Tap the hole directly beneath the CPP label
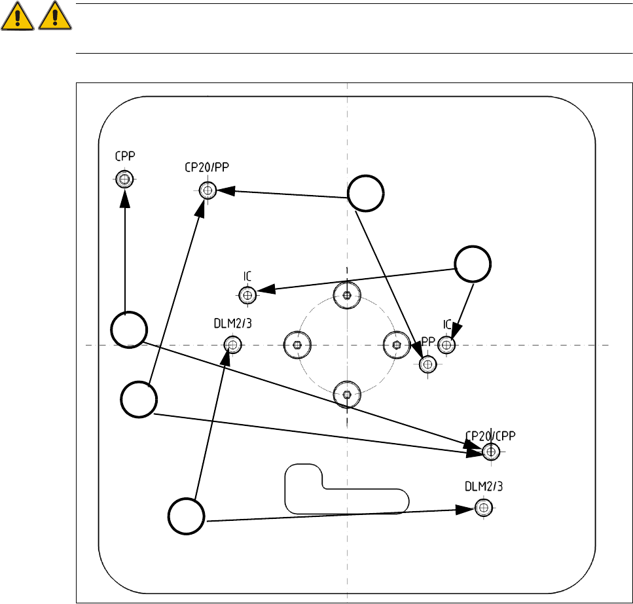coord(124,178)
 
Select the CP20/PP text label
coord(208,167)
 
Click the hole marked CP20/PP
coord(208,190)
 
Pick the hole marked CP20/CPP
coord(491,451)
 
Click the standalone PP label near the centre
coord(428,341)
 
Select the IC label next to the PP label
coord(448,324)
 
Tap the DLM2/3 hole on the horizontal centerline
coord(232,344)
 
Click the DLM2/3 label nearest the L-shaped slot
coord(483,486)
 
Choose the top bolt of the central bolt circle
coord(346,294)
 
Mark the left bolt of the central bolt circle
coord(297,344)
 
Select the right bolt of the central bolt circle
coord(395,344)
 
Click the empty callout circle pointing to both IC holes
coord(473,265)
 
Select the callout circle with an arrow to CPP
coord(128,330)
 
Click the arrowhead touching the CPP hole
coord(124,196)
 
